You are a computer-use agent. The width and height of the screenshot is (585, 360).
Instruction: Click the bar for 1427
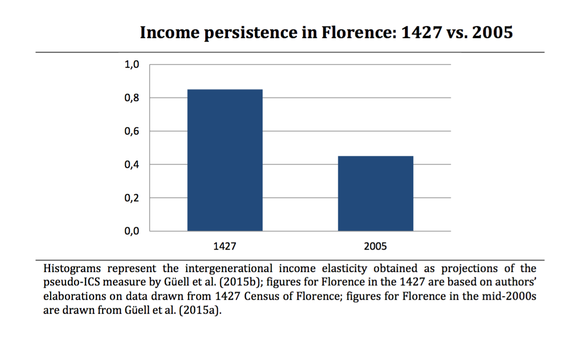pos(225,160)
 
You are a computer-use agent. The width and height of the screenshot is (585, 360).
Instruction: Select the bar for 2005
pos(375,193)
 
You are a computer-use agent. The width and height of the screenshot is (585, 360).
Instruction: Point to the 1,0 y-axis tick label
pos(132,64)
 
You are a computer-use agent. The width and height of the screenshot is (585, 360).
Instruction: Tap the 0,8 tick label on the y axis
pos(132,98)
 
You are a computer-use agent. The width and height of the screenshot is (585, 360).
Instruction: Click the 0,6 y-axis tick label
pos(132,131)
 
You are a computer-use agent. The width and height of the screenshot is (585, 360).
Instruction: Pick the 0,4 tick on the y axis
pos(132,165)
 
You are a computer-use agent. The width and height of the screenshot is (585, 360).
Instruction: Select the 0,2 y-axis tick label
pos(132,198)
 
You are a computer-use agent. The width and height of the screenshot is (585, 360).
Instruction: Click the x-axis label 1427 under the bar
pos(225,246)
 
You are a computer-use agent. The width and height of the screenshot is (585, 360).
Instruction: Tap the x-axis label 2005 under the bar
pos(375,246)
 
